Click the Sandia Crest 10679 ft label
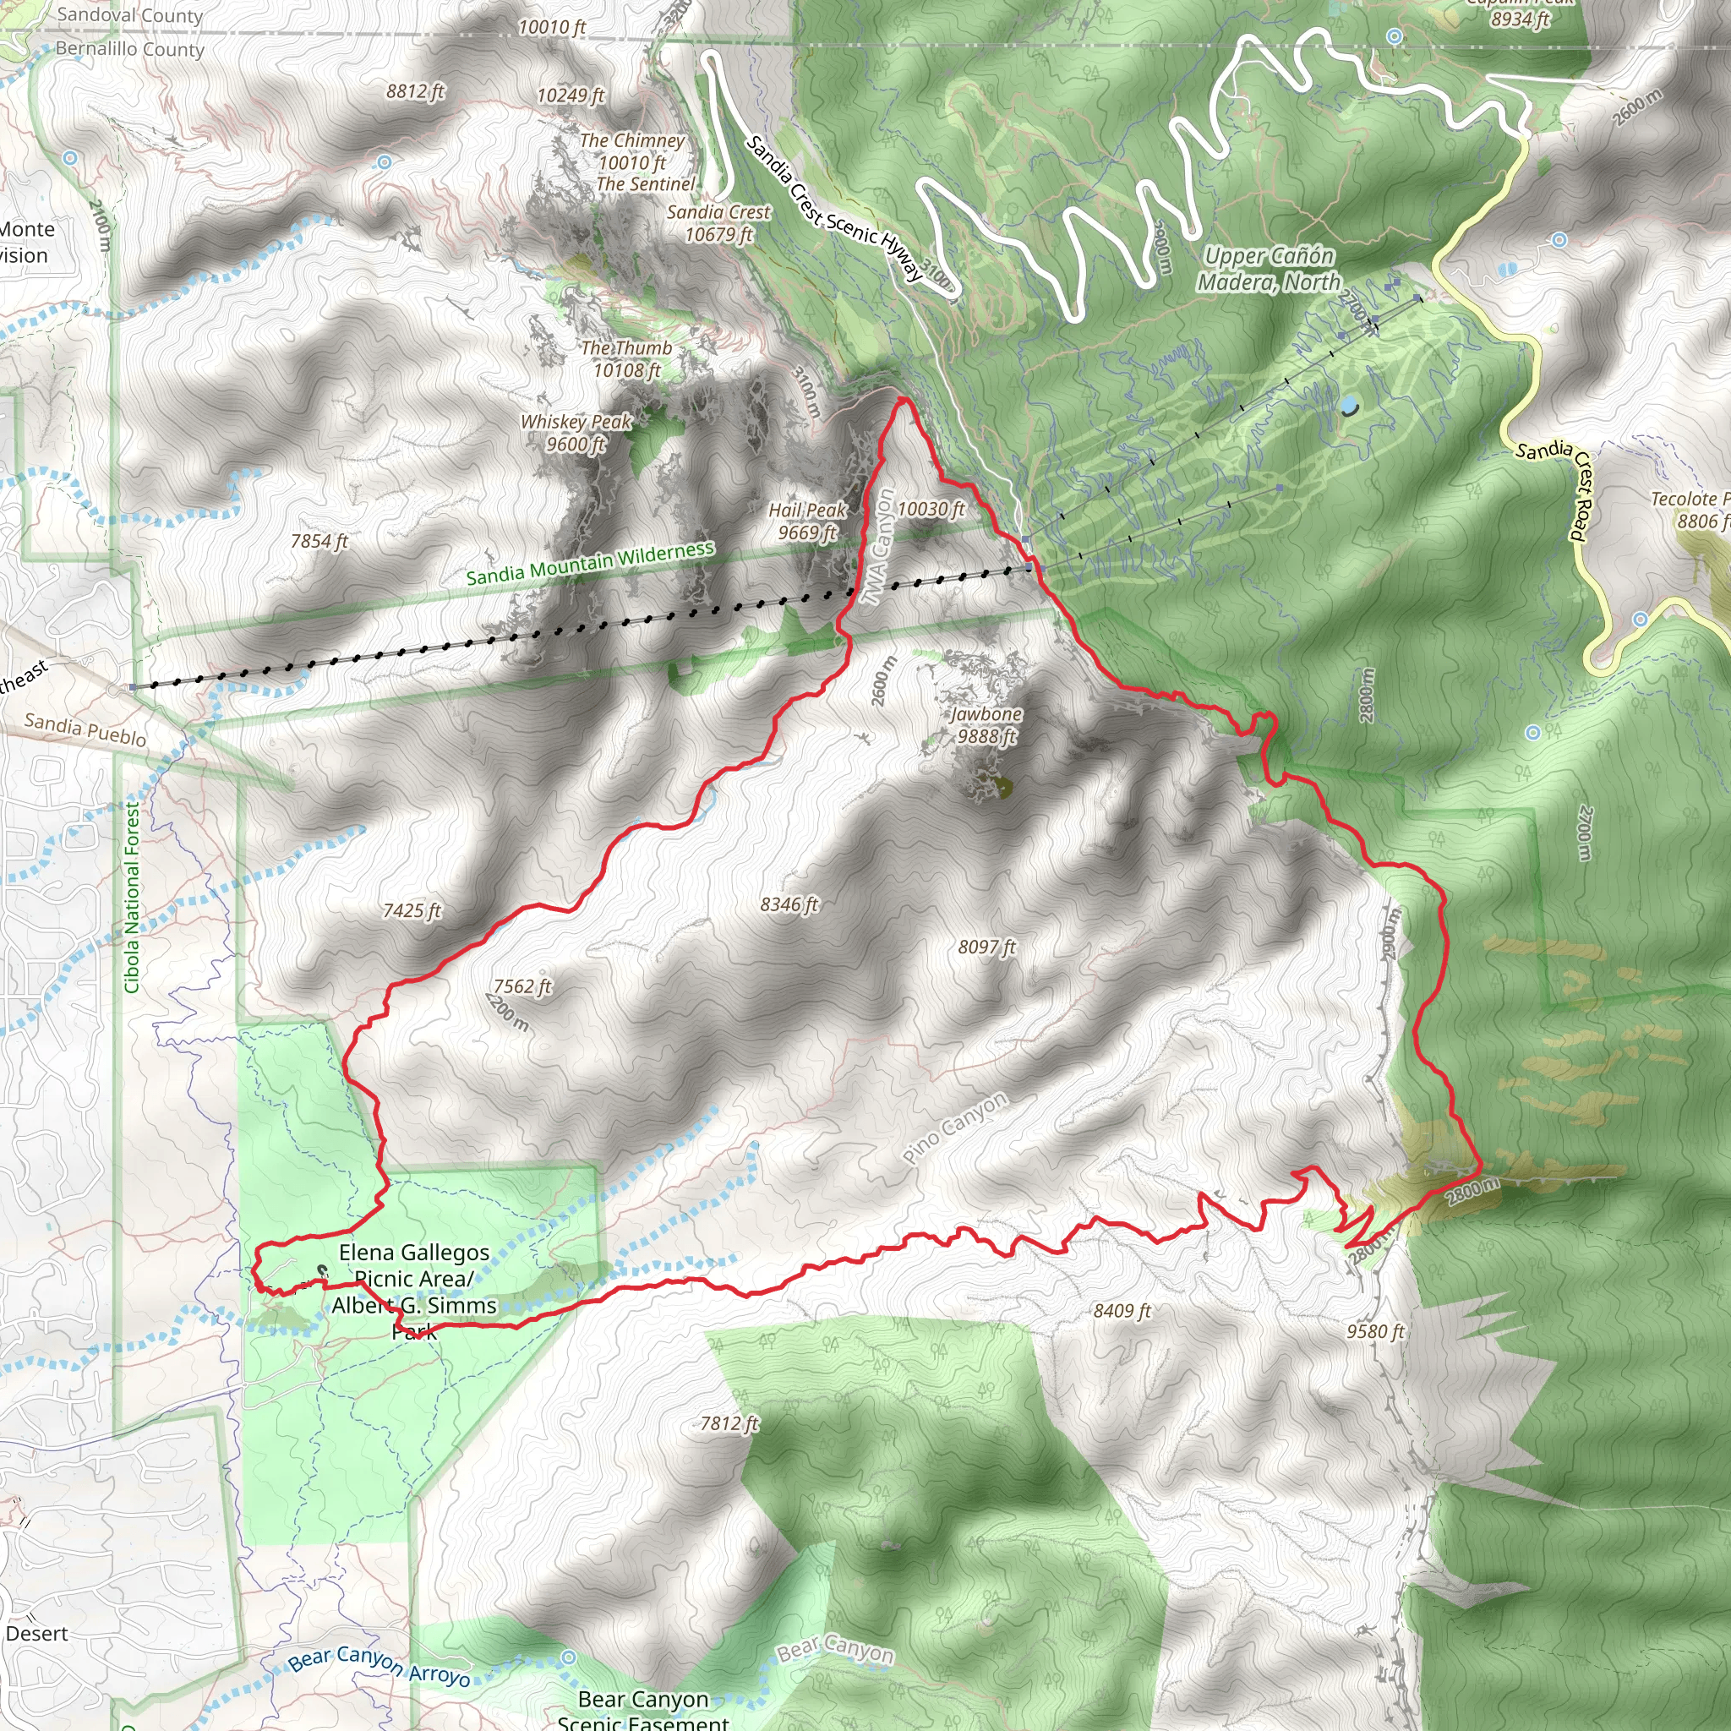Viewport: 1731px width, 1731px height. tap(718, 223)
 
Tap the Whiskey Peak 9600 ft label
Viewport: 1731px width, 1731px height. tap(576, 433)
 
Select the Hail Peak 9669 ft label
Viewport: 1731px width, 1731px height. tap(807, 521)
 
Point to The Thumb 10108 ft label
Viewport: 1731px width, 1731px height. tap(626, 359)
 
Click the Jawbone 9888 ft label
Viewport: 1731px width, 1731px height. tap(986, 725)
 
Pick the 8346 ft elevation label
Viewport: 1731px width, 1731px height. tap(789, 905)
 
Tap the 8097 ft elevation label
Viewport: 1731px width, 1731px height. tap(987, 947)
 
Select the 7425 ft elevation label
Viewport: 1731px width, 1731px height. tap(412, 911)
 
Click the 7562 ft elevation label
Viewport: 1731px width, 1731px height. tap(523, 986)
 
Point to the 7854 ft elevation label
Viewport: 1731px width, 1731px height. tap(319, 541)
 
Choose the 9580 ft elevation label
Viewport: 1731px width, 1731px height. tap(1375, 1331)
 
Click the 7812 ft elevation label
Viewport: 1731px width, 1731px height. tap(729, 1422)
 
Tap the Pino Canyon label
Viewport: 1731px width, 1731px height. tap(955, 1128)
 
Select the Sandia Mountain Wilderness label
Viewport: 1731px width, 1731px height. tap(591, 563)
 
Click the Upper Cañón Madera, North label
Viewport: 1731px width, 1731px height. tap(1270, 269)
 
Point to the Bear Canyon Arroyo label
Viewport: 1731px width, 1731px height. tap(379, 1666)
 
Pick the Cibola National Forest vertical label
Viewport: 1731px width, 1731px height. tap(132, 897)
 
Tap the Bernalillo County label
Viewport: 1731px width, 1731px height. tap(130, 49)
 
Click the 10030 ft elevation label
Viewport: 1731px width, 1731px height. tap(931, 509)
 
